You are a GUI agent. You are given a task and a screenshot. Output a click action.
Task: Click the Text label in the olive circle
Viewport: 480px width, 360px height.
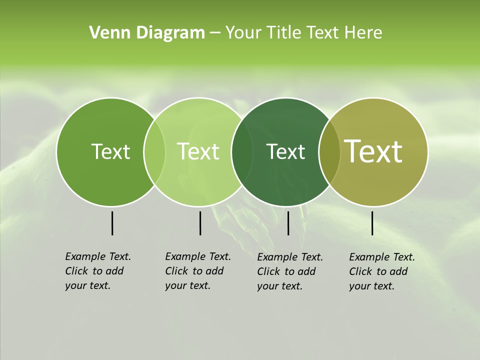[x=373, y=151]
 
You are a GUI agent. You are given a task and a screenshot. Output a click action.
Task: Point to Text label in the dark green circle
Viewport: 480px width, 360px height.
[x=285, y=151]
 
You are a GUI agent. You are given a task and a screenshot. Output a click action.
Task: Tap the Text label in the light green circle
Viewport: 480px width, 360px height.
[x=198, y=151]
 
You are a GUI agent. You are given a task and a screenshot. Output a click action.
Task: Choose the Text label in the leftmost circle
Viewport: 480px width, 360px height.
[x=110, y=151]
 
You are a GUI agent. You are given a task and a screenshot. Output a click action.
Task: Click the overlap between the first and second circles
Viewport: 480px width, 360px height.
[x=154, y=151]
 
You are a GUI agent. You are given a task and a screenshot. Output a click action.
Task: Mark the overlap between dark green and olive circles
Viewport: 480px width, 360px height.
[x=329, y=151]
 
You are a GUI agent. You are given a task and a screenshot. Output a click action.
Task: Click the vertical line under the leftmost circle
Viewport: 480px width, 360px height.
[x=112, y=223]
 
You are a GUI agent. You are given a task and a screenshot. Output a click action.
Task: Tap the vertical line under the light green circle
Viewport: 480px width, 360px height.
[x=200, y=223]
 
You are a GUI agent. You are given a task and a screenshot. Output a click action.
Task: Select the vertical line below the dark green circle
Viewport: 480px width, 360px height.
[x=288, y=223]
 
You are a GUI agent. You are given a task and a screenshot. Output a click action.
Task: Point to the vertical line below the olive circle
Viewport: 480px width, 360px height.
[x=372, y=223]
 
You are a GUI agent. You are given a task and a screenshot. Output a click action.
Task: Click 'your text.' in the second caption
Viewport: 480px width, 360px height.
[x=187, y=285]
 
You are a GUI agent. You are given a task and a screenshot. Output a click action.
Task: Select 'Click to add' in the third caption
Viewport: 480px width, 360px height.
[x=286, y=271]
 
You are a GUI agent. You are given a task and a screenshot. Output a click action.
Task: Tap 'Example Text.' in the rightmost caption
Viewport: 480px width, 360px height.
[x=382, y=257]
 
